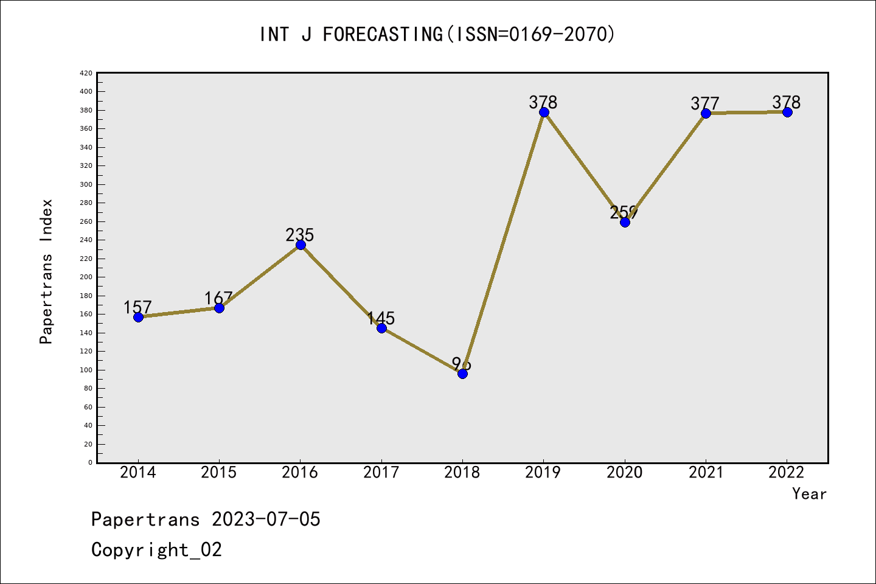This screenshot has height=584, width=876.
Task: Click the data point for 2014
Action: click(138, 317)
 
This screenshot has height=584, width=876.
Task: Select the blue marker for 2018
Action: click(462, 374)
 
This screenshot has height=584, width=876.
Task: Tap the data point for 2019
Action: click(544, 113)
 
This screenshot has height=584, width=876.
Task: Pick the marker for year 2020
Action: click(625, 222)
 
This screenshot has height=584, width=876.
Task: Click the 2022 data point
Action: click(787, 113)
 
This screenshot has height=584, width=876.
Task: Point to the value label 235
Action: click(300, 235)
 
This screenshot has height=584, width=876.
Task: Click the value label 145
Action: click(381, 318)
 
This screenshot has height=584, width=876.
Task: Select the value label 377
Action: click(705, 103)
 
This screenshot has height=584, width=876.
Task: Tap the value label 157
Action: click(137, 307)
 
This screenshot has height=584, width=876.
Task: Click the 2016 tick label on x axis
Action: click(300, 473)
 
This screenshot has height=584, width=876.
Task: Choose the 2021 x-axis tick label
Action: click(706, 473)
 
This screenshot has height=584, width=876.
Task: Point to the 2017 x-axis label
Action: click(381, 473)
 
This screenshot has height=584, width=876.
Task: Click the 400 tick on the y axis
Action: click(86, 92)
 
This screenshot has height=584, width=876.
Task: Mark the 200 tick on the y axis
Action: click(86, 277)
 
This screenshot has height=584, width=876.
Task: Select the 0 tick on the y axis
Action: click(90, 463)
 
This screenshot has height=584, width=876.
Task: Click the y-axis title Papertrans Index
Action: click(46, 271)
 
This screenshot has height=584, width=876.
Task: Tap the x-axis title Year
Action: click(809, 494)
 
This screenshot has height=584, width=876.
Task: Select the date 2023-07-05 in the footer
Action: click(266, 520)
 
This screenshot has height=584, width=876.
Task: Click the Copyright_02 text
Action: click(156, 550)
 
